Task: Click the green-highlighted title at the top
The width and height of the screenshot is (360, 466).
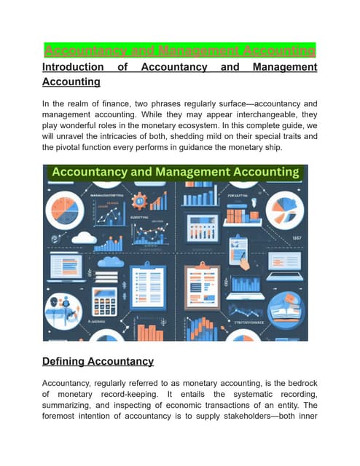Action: pos(180,50)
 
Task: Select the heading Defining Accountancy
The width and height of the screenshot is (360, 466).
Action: pos(98,361)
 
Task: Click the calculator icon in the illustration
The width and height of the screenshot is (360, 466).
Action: pos(105,301)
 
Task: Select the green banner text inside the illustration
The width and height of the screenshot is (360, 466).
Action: pos(174,173)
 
